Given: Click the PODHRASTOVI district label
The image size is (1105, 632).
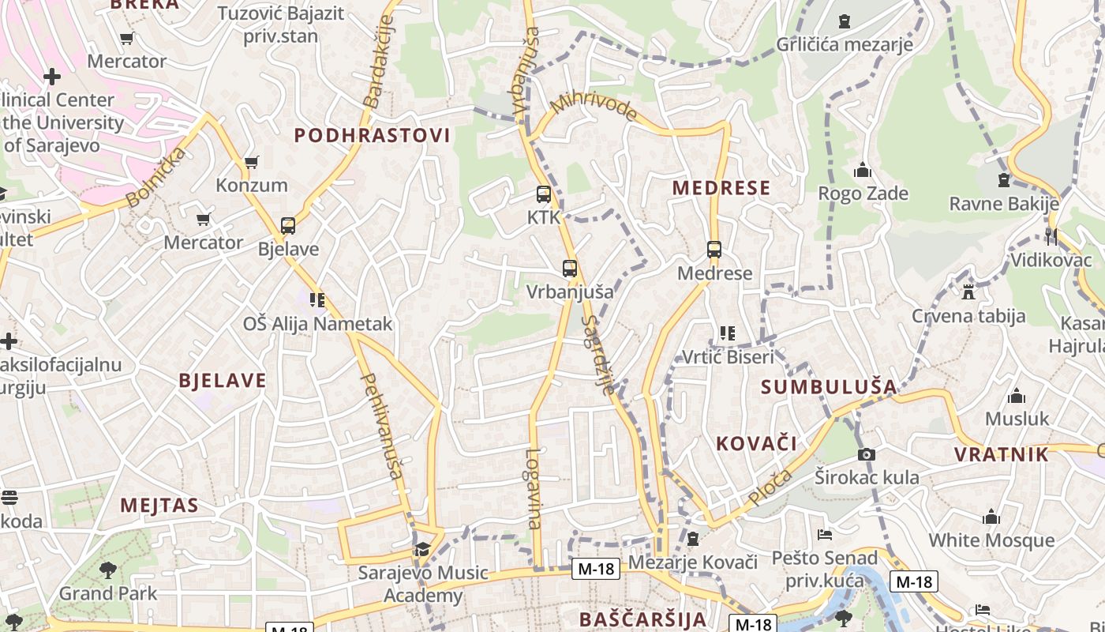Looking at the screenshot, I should click(373, 135).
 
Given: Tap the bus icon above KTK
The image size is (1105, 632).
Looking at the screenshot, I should click(544, 194).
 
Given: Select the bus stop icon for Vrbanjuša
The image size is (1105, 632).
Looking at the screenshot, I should click(570, 269).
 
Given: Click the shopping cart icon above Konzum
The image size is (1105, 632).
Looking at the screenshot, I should click(252, 163).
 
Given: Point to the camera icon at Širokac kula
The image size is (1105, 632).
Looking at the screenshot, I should click(867, 454).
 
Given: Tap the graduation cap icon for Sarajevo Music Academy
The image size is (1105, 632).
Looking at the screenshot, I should click(423, 549).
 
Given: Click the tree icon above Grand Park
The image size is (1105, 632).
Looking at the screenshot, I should click(108, 570).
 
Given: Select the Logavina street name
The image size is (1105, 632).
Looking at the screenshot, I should click(534, 488).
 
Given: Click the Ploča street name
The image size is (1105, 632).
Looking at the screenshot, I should click(770, 487).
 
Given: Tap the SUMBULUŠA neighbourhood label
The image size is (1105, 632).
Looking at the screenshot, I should click(830, 387).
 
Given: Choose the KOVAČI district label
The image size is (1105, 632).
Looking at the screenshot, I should click(757, 443).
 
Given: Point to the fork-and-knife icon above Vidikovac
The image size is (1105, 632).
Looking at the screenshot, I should click(1051, 236).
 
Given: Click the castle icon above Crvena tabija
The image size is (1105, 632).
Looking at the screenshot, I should click(968, 292).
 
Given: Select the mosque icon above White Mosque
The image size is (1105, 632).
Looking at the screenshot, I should click(991, 517).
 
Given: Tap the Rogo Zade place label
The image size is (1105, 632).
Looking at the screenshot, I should click(863, 194).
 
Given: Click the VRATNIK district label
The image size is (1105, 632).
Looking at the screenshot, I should click(1002, 454).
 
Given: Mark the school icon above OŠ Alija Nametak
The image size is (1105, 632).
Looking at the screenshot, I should click(317, 300).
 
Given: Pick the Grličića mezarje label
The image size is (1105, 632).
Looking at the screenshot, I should click(845, 44).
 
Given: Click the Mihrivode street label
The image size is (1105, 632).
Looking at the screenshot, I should click(594, 107).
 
